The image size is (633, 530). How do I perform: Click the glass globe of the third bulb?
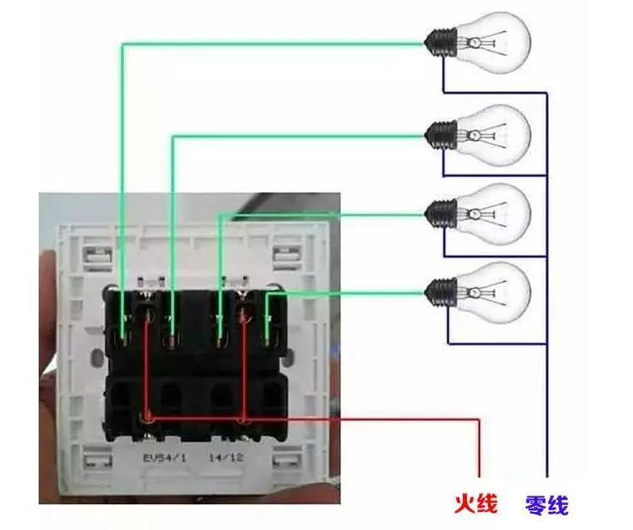498,210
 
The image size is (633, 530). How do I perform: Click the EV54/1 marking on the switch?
162,458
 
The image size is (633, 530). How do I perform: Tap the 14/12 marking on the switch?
226,458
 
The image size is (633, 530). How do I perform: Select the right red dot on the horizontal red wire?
244,420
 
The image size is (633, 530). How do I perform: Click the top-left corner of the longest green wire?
121,45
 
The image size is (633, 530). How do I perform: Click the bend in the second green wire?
173,136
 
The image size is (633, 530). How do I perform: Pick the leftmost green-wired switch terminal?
123,322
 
